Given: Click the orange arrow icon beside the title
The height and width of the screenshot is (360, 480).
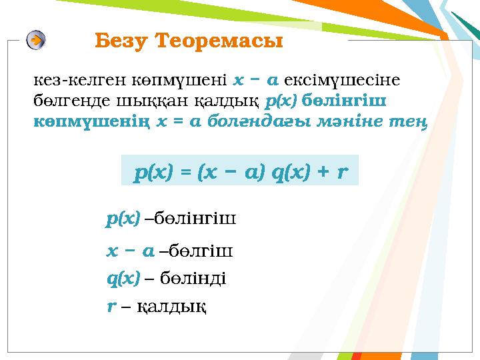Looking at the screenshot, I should coord(37,40).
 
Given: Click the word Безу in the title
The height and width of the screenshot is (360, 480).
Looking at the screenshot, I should coord(121,41).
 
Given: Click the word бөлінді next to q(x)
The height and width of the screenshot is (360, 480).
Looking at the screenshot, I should coord(193,278).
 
